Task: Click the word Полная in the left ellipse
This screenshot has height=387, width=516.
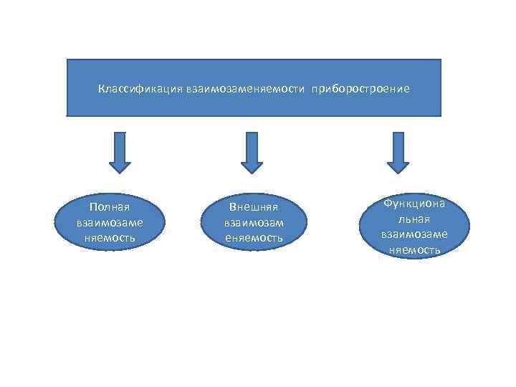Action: [110, 207]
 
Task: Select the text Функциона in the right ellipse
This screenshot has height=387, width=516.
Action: [414, 204]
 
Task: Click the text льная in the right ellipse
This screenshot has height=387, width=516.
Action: [415, 219]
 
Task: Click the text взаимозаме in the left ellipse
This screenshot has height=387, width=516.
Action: [110, 222]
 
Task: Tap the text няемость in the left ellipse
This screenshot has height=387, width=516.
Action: [110, 237]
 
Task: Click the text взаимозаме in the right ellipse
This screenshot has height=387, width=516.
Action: [414, 234]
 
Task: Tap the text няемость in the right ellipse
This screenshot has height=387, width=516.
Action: [414, 249]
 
